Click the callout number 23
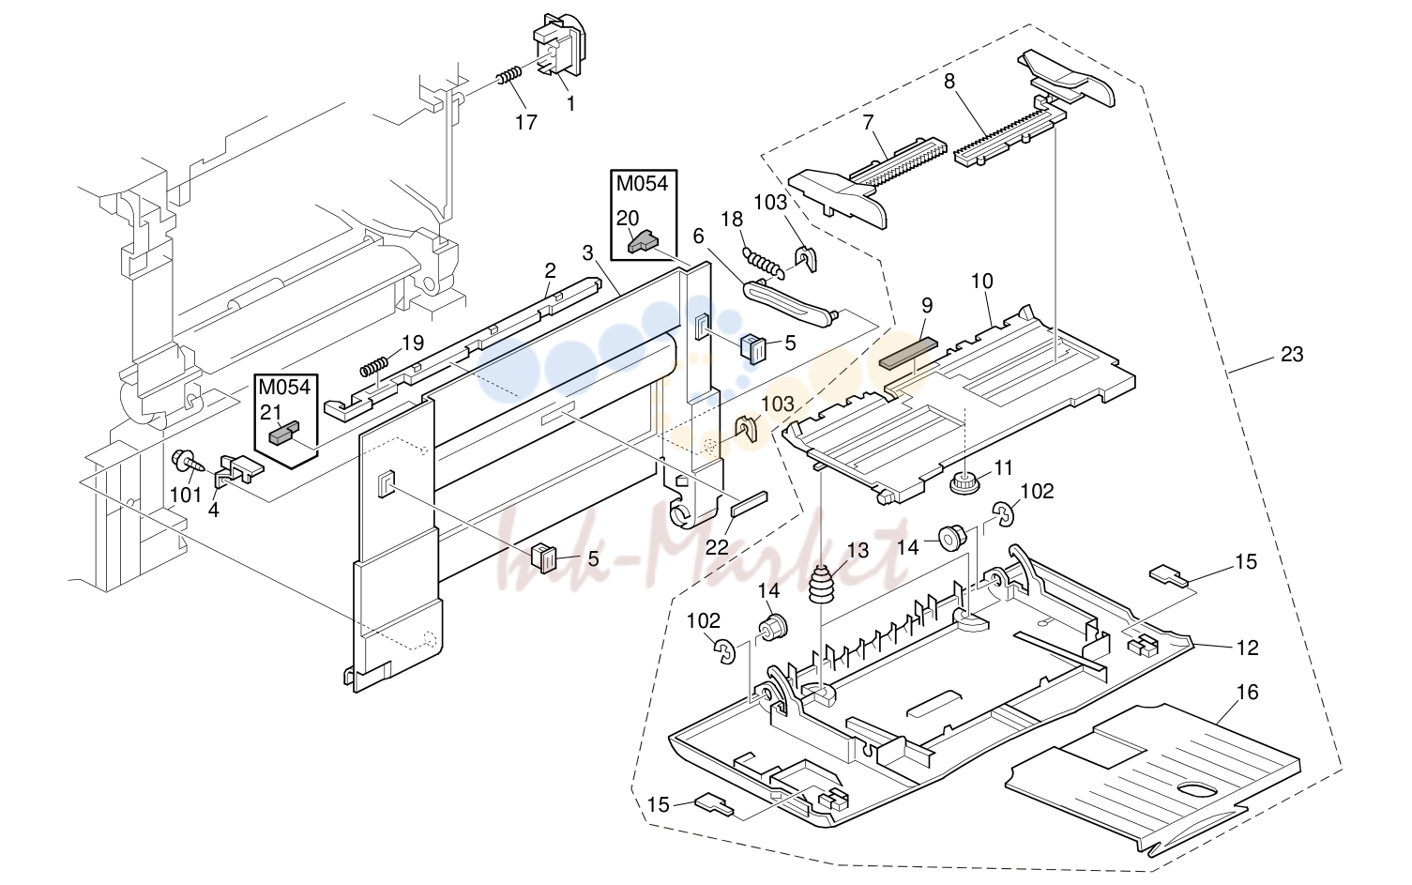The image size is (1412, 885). click(x=1292, y=355)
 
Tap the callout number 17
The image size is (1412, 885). click(x=526, y=122)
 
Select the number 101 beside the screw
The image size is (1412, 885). click(x=186, y=496)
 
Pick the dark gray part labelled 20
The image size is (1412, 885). click(x=643, y=242)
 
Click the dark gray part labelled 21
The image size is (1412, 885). click(x=283, y=434)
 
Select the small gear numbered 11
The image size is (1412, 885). click(x=963, y=484)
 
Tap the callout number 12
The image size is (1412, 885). click(x=1248, y=648)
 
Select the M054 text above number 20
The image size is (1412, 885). click(x=643, y=184)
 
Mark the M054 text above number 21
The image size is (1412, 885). click(x=284, y=387)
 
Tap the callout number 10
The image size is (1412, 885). click(x=982, y=282)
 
